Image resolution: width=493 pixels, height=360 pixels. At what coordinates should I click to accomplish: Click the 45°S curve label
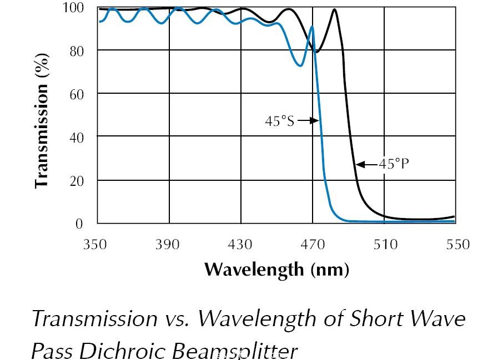tap(279, 120)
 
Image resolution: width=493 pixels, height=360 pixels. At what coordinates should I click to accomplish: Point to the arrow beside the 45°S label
tap(308, 120)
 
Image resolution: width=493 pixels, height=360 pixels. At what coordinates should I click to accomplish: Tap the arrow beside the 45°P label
tap(366, 164)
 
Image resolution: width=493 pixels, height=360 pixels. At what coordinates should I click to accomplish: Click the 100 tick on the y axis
tap(73, 8)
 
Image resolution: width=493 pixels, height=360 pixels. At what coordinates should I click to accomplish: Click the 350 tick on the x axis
tap(95, 244)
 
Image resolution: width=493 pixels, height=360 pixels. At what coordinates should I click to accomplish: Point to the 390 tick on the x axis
tap(168, 244)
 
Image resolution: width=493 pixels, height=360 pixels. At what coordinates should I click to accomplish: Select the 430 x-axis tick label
tap(240, 244)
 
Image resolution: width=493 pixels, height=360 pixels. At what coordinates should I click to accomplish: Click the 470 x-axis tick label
tap(313, 244)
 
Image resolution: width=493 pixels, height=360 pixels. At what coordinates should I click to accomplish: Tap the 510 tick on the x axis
tap(385, 244)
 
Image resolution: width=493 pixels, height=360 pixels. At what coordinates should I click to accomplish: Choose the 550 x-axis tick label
tap(457, 244)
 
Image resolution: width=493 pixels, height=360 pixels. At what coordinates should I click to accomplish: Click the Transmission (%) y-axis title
tap(41, 120)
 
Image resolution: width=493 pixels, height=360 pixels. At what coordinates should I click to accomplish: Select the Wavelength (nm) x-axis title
tap(276, 270)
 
